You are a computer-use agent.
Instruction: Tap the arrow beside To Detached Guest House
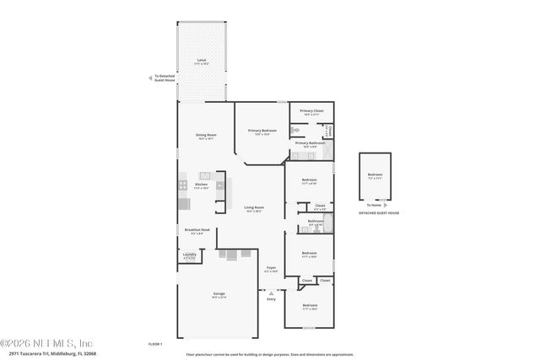(151, 78)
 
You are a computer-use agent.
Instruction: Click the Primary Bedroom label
(262, 132)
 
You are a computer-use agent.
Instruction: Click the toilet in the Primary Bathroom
(295, 131)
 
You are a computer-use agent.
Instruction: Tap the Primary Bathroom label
(310, 144)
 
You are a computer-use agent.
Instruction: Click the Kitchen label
(202, 185)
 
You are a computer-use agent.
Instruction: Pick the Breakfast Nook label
(197, 231)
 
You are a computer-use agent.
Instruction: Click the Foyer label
(271, 270)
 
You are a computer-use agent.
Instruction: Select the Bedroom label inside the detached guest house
(375, 175)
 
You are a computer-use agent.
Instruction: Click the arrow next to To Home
(385, 204)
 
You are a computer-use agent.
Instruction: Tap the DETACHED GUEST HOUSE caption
(379, 213)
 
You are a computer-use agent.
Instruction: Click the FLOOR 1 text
(154, 344)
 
